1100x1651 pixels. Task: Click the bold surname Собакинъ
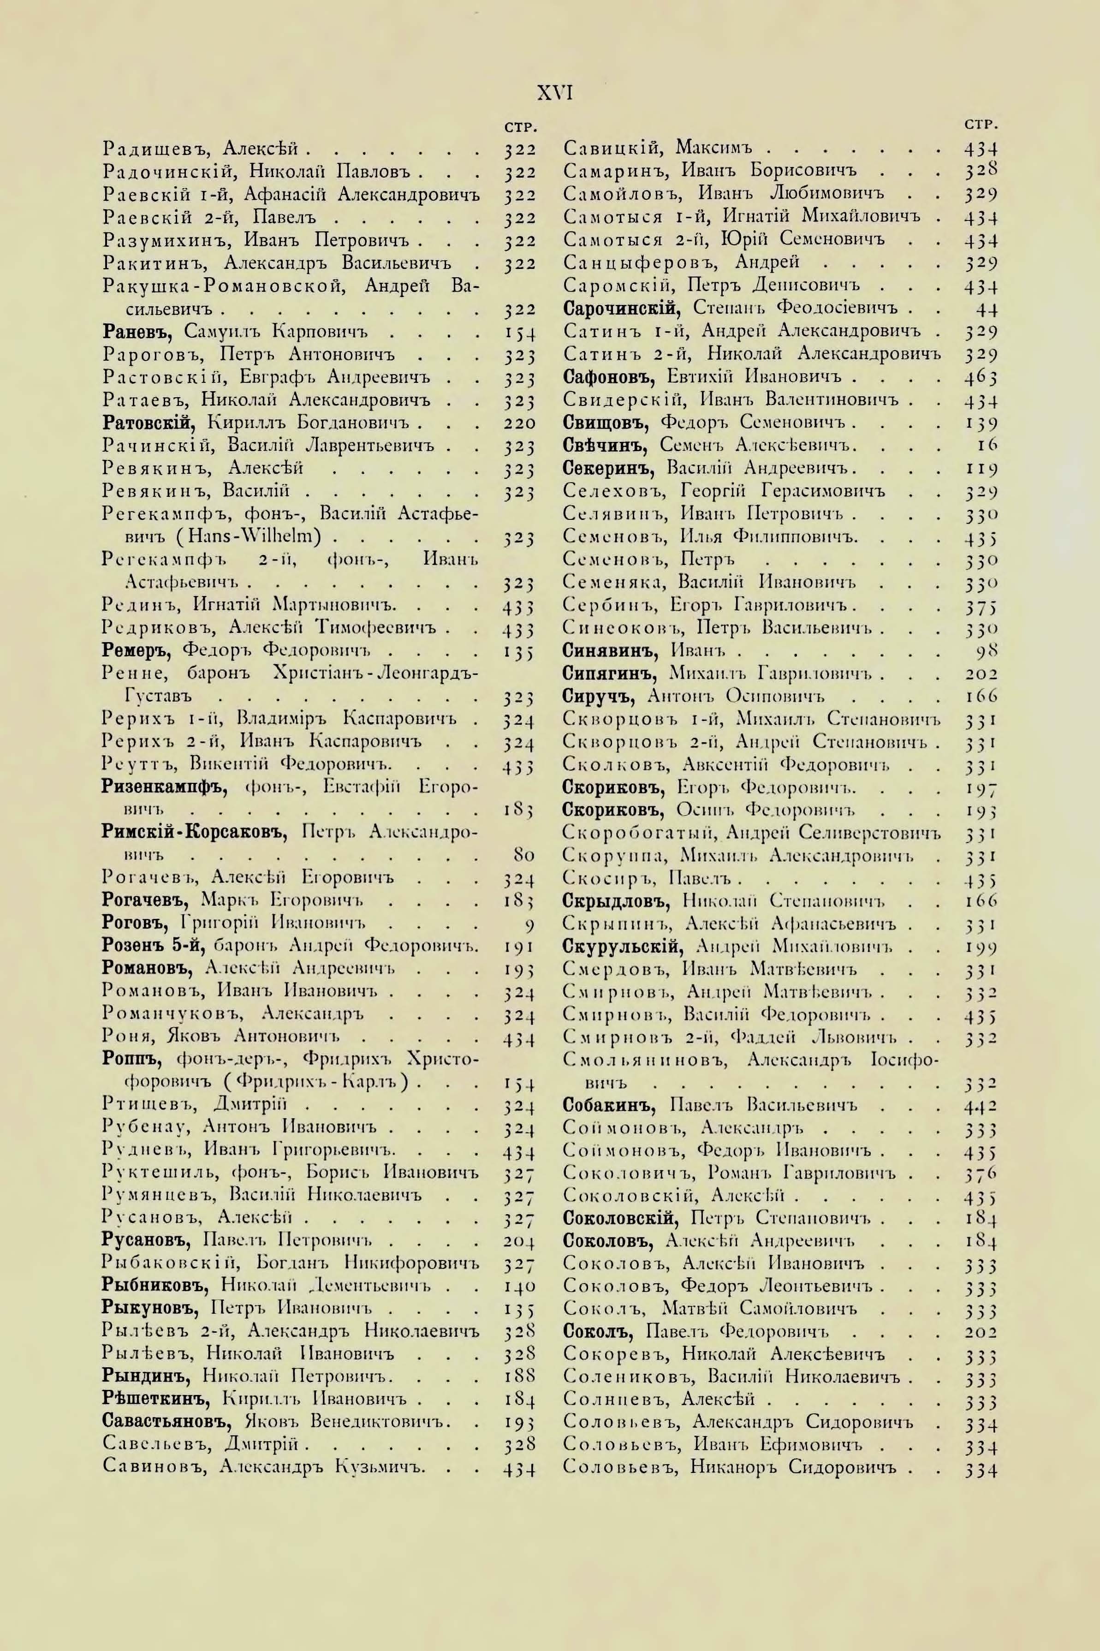(609, 1107)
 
